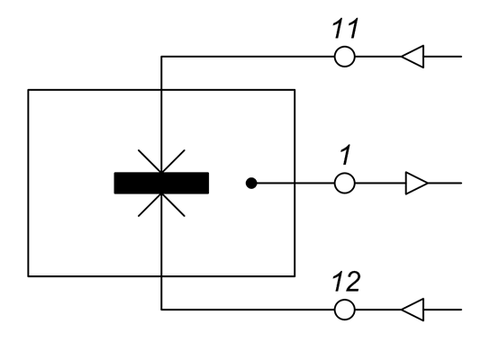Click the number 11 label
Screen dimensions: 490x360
[x=345, y=29]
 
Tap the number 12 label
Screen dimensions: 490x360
[x=346, y=282]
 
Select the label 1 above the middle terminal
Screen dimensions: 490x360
[x=345, y=155]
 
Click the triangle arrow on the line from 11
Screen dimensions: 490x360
[x=413, y=57]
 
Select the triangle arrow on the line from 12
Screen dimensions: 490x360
[x=413, y=310]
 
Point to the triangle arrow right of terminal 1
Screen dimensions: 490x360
[x=416, y=183]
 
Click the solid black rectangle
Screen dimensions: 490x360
[x=161, y=183]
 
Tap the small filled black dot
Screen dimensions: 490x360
[x=251, y=183]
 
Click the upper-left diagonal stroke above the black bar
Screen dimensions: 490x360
[x=150, y=161]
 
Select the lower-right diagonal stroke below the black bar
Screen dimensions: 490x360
[x=173, y=205]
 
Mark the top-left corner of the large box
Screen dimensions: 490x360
[x=28, y=90]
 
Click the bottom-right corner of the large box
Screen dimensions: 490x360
[x=295, y=276]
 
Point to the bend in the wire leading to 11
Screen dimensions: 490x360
[x=161, y=57]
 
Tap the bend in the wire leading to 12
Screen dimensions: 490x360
[x=161, y=310]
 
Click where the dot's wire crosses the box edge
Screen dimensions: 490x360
[x=295, y=183]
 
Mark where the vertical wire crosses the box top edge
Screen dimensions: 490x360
[x=161, y=90]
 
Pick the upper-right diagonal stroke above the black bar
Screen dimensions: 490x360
[x=173, y=161]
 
